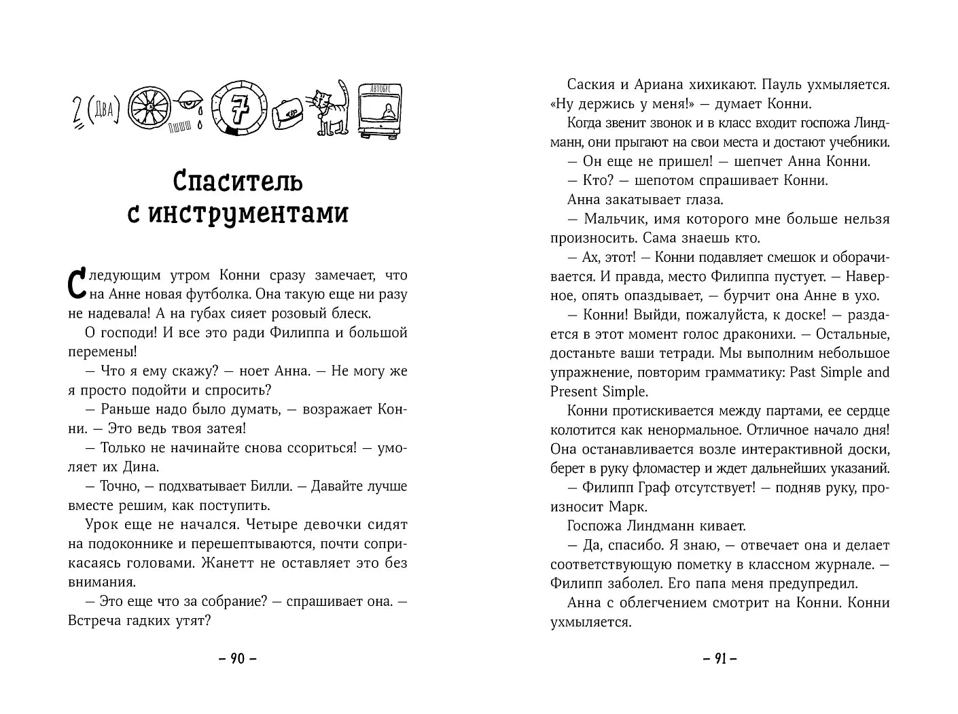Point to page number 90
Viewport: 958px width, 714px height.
pyautogui.click(x=237, y=658)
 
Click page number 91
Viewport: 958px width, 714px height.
pyautogui.click(x=720, y=658)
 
